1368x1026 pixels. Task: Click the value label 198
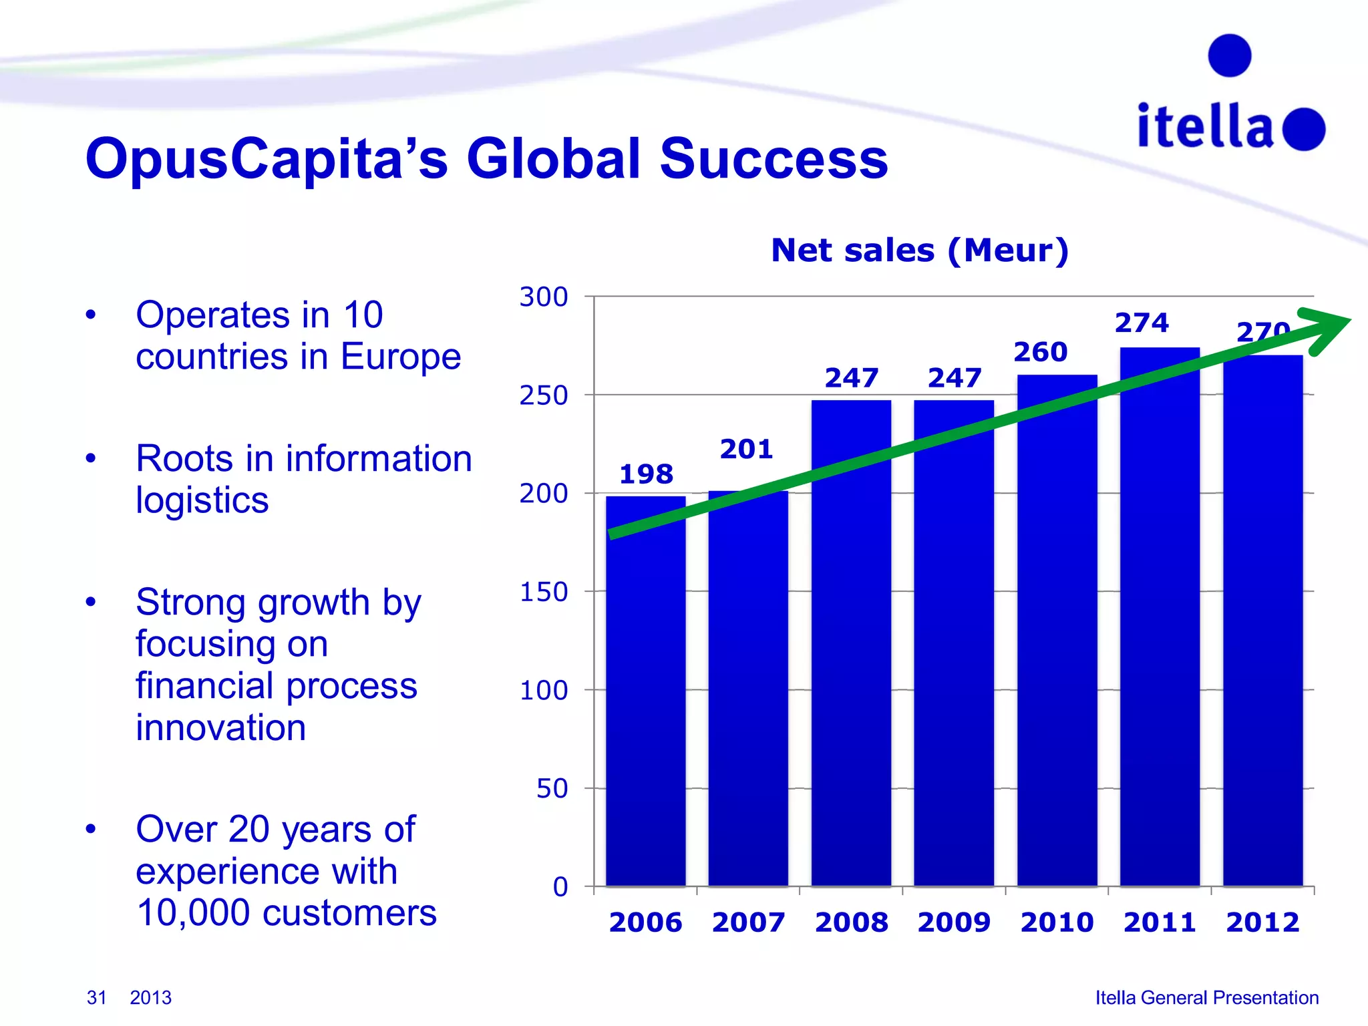[646, 474]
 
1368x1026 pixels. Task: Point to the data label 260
[1040, 352]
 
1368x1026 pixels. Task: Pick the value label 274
[1142, 323]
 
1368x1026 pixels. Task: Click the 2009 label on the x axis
[954, 922]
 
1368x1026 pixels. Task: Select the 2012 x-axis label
[1262, 922]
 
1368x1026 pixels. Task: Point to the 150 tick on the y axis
[544, 592]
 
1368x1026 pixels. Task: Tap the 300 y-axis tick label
[544, 297]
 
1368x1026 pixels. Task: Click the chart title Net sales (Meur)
[920, 250]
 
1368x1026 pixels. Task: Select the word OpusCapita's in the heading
[267, 159]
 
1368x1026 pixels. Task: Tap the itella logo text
[1205, 126]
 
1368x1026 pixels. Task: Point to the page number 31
[97, 997]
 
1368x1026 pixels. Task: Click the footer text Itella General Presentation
[1206, 997]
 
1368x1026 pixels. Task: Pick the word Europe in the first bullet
[401, 356]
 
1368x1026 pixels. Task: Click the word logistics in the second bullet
[202, 500]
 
